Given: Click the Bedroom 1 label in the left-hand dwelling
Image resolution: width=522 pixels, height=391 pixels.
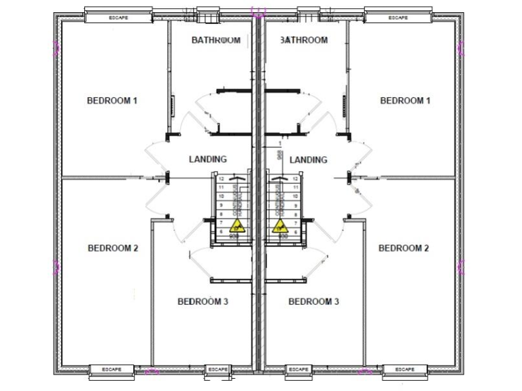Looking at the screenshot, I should coord(112,101).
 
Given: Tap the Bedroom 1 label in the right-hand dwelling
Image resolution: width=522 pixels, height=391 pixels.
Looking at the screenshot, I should coord(405,101).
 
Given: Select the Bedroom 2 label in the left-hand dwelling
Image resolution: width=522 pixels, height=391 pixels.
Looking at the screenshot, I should coord(113,248).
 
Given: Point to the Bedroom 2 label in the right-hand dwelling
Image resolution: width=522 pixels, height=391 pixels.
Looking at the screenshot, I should coord(404,248).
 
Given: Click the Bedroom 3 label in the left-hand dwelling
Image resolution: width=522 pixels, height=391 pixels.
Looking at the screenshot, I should coord(203,301).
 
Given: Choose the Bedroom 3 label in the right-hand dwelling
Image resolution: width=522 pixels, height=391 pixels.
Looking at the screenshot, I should coord(313,301).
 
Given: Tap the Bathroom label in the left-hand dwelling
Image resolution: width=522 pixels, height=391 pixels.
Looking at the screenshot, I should coord(216,40).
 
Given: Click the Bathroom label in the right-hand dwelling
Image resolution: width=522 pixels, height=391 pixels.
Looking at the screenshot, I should coord(304,40).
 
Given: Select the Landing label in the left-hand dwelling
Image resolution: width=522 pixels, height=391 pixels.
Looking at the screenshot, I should coord(208,160).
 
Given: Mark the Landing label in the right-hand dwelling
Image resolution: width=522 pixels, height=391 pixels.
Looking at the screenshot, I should coord(309,160).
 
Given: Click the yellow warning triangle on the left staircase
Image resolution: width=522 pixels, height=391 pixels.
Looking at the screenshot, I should coord(237,226).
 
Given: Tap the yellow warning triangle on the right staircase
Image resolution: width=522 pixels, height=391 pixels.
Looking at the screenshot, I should coord(279,226).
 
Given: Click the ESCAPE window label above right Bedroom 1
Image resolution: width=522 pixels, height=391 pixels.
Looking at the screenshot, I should coord(398,18).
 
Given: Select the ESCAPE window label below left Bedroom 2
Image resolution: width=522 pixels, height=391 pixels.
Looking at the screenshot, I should coord(111,369).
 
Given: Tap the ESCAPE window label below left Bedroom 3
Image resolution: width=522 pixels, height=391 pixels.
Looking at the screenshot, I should coord(218,369).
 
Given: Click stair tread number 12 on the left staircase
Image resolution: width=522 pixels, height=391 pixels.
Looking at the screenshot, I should coord(222,179).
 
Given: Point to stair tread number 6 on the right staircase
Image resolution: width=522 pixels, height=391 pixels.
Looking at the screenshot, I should coord(296,231).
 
